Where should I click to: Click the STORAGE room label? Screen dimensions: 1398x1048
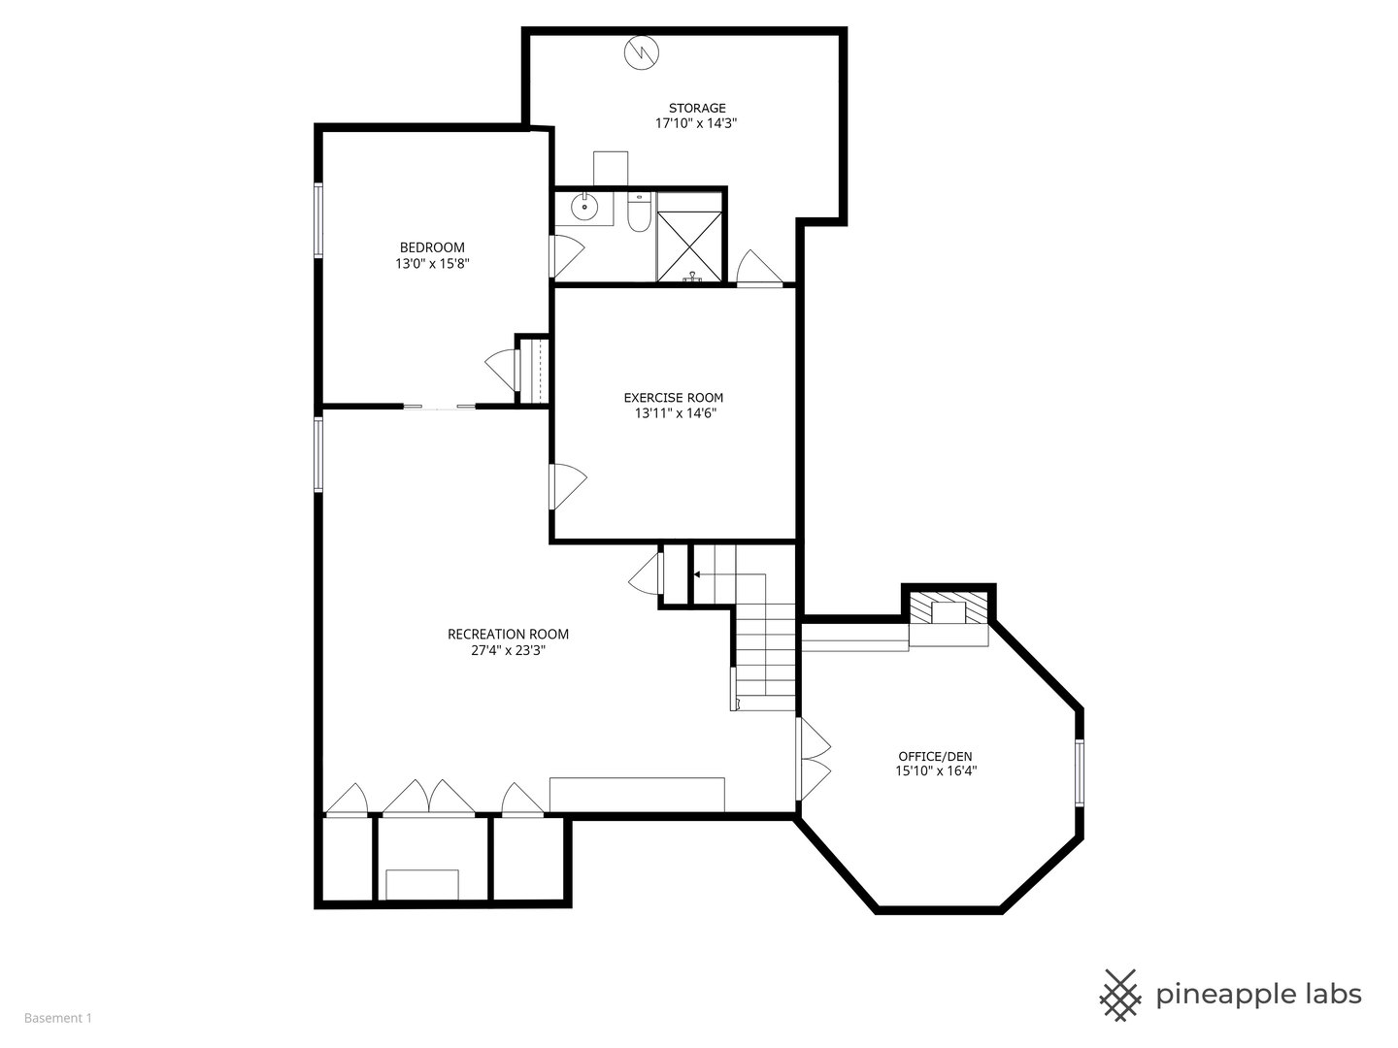(x=697, y=108)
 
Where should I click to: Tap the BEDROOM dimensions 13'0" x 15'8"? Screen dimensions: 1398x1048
(x=432, y=263)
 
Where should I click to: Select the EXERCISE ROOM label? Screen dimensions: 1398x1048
(x=673, y=398)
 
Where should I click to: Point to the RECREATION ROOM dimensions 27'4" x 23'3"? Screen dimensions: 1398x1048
(x=508, y=650)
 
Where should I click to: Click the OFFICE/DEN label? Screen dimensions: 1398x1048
(x=935, y=757)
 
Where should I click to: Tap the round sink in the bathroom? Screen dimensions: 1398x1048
(x=583, y=207)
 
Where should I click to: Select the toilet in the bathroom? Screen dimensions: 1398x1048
(x=638, y=212)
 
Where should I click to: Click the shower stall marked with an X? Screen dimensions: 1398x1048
(x=689, y=246)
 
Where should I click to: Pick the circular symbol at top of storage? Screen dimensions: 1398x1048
(x=641, y=52)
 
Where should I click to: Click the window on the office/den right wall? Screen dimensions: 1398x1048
(x=1079, y=773)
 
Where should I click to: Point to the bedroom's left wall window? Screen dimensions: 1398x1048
(x=318, y=220)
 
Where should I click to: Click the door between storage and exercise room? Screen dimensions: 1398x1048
(x=759, y=268)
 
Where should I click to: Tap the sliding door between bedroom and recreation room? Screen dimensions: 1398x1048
(x=439, y=406)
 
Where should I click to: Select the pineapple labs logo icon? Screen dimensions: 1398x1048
(x=1120, y=996)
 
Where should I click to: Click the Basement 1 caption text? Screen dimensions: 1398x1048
(x=58, y=1018)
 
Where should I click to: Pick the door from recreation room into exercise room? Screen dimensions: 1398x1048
(x=567, y=487)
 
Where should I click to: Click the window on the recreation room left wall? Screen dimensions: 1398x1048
(x=318, y=454)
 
